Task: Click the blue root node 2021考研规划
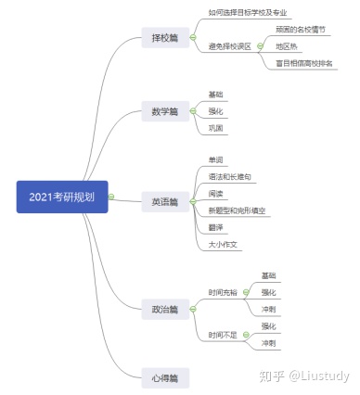pyautogui.click(x=62, y=197)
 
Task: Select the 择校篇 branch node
pyautogui.click(x=163, y=39)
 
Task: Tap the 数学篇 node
pyautogui.click(x=163, y=111)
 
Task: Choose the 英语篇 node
pyautogui.click(x=163, y=200)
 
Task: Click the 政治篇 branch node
pyautogui.click(x=163, y=308)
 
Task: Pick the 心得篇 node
pyautogui.click(x=163, y=376)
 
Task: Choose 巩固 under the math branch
pyautogui.click(x=216, y=127)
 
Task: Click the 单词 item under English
pyautogui.click(x=216, y=159)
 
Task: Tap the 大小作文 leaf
pyautogui.click(x=224, y=244)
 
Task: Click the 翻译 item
pyautogui.click(x=216, y=227)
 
